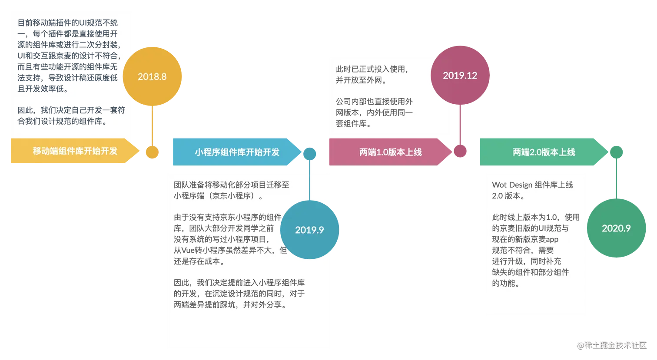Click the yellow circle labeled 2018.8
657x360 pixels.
click(152, 76)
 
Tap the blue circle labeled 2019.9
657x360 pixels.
click(309, 230)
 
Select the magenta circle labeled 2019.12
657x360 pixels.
click(460, 76)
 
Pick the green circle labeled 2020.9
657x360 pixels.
click(616, 228)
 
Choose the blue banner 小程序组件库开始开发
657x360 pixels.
click(237, 152)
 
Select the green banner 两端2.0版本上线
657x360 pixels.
click(544, 152)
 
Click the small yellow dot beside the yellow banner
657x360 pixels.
click(152, 152)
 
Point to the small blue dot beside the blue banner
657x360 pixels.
click(309, 152)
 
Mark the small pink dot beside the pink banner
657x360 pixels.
click(460, 152)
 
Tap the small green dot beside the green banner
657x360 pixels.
click(616, 152)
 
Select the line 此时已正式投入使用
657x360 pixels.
click(372, 69)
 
